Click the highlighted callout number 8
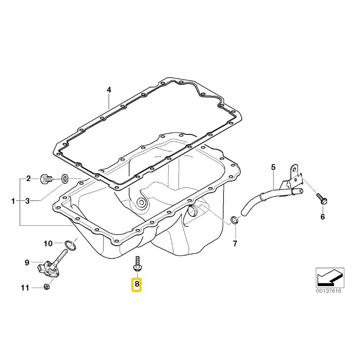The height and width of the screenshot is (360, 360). coord(136,284)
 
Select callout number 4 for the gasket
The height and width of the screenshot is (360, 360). coord(109,90)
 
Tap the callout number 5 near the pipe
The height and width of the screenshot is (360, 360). coord(273,167)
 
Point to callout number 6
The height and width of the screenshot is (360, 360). coord(323,217)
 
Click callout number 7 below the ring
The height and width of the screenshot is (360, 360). coord(235,244)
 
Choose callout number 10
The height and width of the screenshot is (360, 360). coord(48,243)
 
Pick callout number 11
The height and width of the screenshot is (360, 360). coord(25,288)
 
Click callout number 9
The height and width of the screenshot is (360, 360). coord(27,262)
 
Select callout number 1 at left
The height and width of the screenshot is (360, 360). coord(13,201)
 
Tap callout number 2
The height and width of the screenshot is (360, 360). coord(28,179)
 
